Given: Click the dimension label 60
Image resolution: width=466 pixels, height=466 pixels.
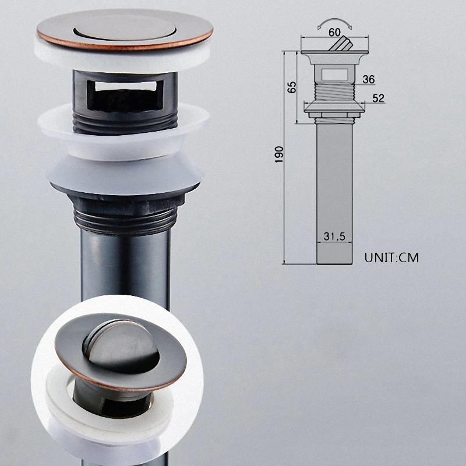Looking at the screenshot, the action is pos(334,32).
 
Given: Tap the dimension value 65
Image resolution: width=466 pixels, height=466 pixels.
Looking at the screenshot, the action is pos(292,87).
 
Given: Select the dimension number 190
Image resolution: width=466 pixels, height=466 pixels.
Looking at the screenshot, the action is pos(279,154).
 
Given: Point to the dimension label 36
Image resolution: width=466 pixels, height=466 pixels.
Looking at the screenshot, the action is pos(369,79).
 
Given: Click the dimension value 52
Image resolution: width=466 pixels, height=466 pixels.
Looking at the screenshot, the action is pos(378,98).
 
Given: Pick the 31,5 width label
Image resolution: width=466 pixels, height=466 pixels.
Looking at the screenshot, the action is pos(334,236).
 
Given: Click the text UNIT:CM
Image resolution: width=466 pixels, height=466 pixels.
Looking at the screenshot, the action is pos(391,257).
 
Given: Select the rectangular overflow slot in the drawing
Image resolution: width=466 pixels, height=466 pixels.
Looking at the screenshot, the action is pos(334,75).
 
